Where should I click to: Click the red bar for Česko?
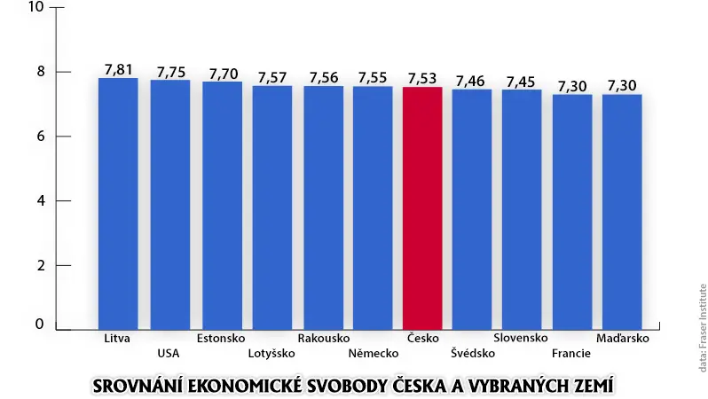(422, 208)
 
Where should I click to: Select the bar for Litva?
(118, 204)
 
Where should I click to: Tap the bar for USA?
(169, 205)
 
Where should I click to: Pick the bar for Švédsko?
(472, 209)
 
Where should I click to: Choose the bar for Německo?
(373, 208)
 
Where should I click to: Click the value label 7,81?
(118, 69)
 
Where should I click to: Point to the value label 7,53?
(422, 79)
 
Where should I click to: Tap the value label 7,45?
(521, 82)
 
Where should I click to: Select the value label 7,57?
(272, 78)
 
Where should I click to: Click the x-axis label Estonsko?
(221, 338)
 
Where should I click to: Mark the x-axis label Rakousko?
(324, 338)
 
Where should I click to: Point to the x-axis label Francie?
(571, 353)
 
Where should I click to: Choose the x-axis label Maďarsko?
(623, 338)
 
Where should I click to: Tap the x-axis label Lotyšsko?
(271, 353)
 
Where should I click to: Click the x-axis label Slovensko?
(521, 338)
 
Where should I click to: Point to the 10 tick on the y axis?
(35, 7)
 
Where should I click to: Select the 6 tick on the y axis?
(41, 137)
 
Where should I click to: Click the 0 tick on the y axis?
(40, 324)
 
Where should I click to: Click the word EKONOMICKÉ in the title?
(244, 387)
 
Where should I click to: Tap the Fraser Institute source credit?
(703, 328)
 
